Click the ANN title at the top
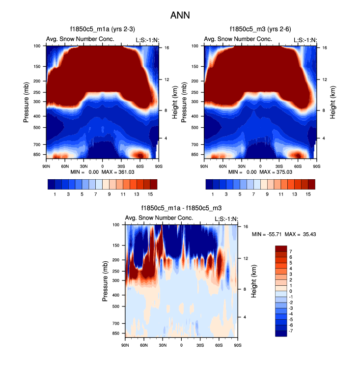[180, 15]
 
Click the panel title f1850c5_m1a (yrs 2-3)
[102, 29]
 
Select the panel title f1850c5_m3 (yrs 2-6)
[260, 29]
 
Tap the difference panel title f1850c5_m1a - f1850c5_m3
[181, 208]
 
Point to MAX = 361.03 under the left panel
[119, 172]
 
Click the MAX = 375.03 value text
[277, 172]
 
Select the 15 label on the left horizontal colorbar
[150, 194]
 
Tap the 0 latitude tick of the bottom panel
[181, 345]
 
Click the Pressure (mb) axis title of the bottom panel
[106, 281]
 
